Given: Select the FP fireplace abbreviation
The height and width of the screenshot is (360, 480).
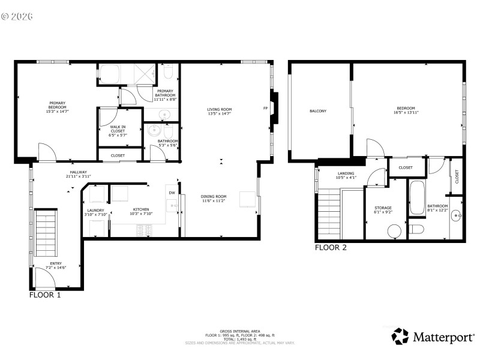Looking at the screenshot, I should [265, 109].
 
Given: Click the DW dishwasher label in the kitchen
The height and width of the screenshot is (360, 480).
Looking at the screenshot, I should [172, 193].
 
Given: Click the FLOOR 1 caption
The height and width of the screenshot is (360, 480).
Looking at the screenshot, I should [45, 295].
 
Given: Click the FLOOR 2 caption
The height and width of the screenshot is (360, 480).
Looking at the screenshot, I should [331, 247].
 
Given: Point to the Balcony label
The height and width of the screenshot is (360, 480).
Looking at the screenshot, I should [318, 111].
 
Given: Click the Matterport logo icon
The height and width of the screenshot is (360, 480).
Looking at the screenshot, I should [400, 337].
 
